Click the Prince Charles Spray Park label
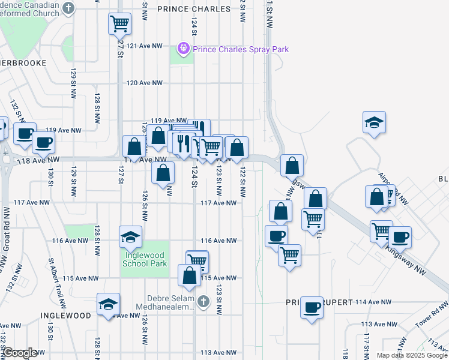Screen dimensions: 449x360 point(241,49)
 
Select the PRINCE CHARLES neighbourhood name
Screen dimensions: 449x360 point(194,9)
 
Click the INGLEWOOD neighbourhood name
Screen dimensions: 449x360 point(66,315)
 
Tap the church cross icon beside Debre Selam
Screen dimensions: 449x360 point(204,300)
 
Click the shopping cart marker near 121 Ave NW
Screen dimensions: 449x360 point(119,24)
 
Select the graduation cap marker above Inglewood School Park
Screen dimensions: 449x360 point(130,236)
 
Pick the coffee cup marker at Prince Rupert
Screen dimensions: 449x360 point(312,307)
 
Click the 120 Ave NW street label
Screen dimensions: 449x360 point(145,83)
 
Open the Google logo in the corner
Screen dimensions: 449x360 point(20,353)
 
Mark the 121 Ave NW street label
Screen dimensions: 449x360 point(145,46)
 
